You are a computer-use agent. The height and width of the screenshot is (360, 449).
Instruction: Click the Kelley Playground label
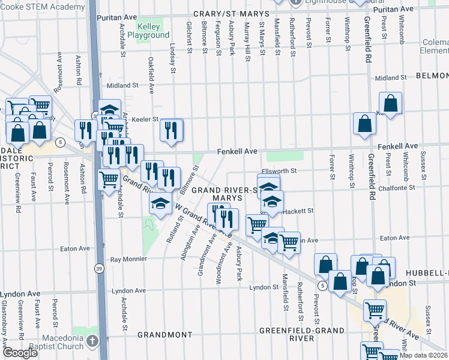click(153, 31)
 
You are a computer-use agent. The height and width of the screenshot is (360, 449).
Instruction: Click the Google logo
click(20, 353)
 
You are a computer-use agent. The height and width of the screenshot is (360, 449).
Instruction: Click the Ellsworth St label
click(280, 171)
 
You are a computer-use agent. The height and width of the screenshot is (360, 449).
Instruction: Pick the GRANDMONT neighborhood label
click(164, 334)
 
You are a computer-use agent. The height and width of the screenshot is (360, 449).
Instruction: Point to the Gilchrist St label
click(189, 38)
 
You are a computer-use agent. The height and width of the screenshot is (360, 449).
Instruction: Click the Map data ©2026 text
click(423, 355)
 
